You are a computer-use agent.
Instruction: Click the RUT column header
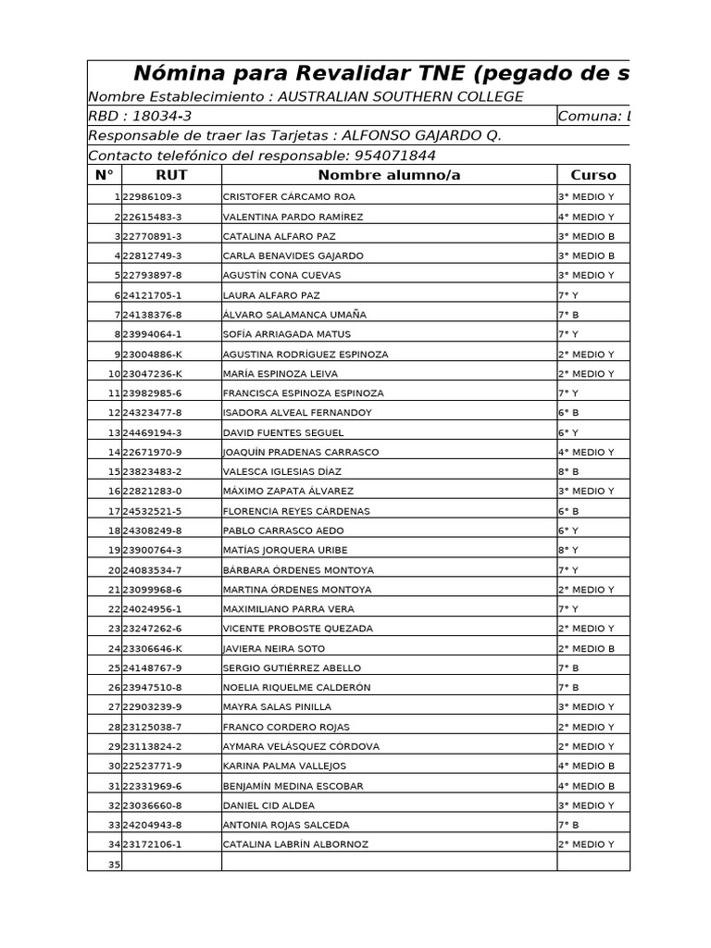click(171, 175)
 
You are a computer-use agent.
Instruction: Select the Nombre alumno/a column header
click(389, 175)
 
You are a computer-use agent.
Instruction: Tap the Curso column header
click(592, 175)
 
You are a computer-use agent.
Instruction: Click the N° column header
click(104, 175)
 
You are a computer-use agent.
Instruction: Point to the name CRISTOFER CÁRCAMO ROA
click(289, 197)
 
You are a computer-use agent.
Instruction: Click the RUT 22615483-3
click(152, 217)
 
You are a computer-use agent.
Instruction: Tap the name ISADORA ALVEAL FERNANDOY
click(297, 413)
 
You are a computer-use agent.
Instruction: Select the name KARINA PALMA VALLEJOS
click(284, 766)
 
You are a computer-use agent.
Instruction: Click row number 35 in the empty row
click(114, 865)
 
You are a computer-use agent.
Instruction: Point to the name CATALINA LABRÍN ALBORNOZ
click(295, 844)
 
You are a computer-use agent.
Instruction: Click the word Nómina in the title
click(173, 74)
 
